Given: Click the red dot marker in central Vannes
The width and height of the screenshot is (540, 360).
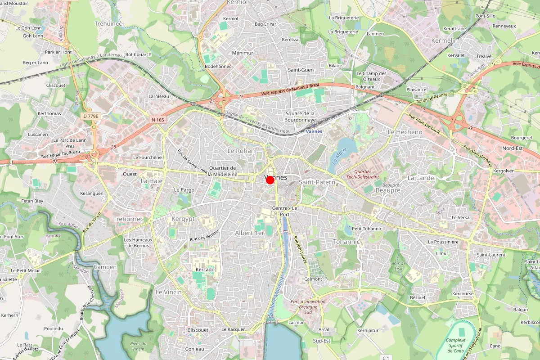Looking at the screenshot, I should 270,180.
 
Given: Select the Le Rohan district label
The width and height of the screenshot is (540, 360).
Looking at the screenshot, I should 241,151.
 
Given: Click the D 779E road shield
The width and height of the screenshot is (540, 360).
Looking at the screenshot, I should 90,116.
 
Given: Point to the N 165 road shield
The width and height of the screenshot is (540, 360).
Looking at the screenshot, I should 158,120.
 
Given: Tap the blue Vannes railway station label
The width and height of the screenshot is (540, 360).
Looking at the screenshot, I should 314,131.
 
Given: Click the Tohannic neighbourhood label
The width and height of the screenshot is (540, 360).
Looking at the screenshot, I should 346,242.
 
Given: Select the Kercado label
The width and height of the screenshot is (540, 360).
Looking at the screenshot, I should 205,270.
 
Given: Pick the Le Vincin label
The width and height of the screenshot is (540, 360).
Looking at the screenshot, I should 169,292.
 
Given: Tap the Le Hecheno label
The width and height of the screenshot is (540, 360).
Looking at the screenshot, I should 405,132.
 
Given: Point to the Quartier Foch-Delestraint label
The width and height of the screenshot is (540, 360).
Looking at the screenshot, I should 363,174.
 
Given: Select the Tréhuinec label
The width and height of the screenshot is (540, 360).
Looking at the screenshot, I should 108,23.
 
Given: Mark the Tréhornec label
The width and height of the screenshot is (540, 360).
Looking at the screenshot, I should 128,219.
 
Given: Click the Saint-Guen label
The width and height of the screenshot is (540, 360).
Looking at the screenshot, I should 301,70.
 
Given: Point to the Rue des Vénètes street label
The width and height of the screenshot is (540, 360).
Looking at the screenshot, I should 204,235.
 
